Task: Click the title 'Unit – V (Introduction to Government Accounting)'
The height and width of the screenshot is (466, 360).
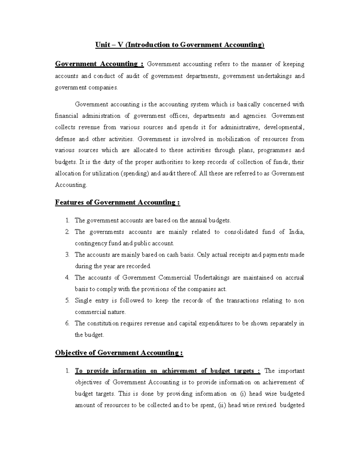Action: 180,45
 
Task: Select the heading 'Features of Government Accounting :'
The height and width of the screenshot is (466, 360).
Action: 117,203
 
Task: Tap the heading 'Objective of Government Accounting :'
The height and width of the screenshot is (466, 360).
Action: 119,353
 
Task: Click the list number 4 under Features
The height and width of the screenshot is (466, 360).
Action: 67,278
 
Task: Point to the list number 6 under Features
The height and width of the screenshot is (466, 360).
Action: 67,323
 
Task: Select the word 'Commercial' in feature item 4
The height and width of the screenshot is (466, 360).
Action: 174,278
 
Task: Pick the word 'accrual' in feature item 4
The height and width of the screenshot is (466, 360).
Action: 295,278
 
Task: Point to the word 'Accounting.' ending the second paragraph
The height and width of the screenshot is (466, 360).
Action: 71,185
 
